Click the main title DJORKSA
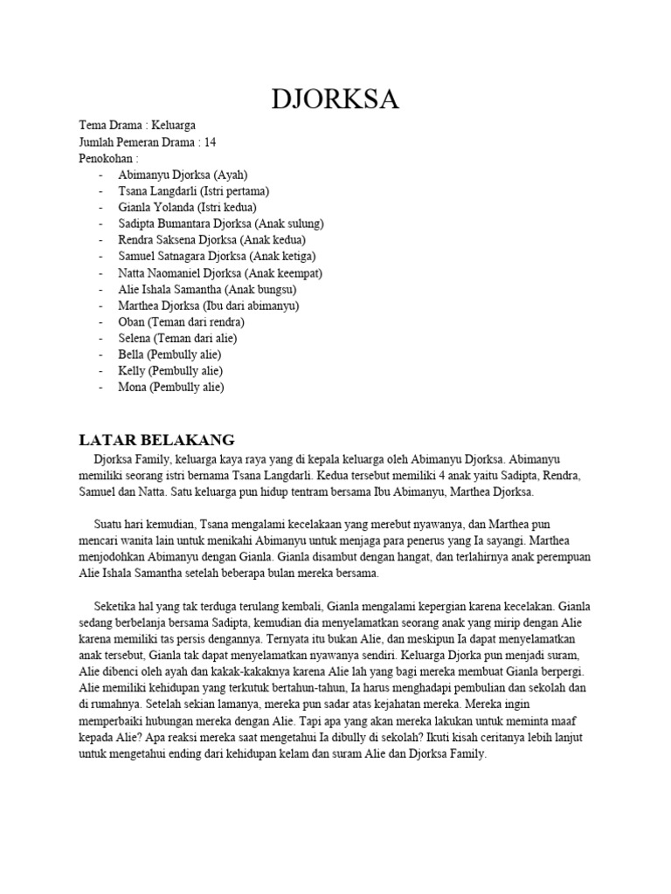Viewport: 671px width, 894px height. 335,100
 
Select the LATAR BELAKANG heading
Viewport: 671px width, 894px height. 157,439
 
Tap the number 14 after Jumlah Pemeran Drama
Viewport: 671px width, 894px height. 210,142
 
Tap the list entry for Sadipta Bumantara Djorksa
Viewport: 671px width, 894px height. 221,223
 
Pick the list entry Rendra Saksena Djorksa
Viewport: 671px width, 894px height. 212,239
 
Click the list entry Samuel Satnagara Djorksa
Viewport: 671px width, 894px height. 217,256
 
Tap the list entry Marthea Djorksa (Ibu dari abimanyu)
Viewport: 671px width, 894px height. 209,306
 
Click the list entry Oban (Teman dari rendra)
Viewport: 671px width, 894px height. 182,322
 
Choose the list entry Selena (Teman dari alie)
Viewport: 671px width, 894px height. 178,338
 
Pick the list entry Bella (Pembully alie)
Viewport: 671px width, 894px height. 169,354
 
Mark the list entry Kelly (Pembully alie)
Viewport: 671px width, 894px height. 169,371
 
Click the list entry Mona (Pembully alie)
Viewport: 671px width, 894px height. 171,387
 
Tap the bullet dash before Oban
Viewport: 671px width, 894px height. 102,322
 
